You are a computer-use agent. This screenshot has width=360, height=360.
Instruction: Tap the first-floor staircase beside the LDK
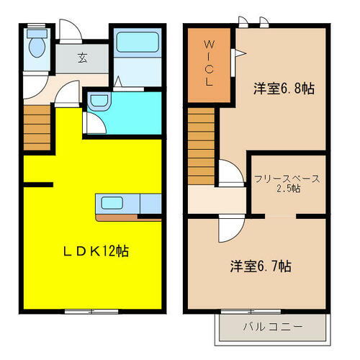[37, 128]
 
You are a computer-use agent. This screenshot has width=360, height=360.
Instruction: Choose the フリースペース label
[287, 179]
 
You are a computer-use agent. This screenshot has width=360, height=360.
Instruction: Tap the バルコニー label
[272, 327]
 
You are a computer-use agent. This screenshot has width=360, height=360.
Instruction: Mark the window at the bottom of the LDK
[91, 311]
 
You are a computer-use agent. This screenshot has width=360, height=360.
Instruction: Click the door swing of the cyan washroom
[94, 124]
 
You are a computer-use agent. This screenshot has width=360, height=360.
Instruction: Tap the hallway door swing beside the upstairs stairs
[229, 173]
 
